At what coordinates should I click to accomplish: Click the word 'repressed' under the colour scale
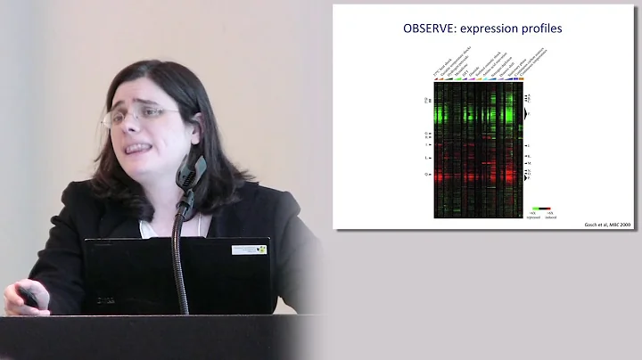(x=533, y=217)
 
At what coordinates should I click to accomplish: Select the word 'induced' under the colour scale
(x=550, y=217)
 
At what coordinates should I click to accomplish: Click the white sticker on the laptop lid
(x=249, y=250)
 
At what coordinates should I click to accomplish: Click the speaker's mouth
(x=136, y=149)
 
